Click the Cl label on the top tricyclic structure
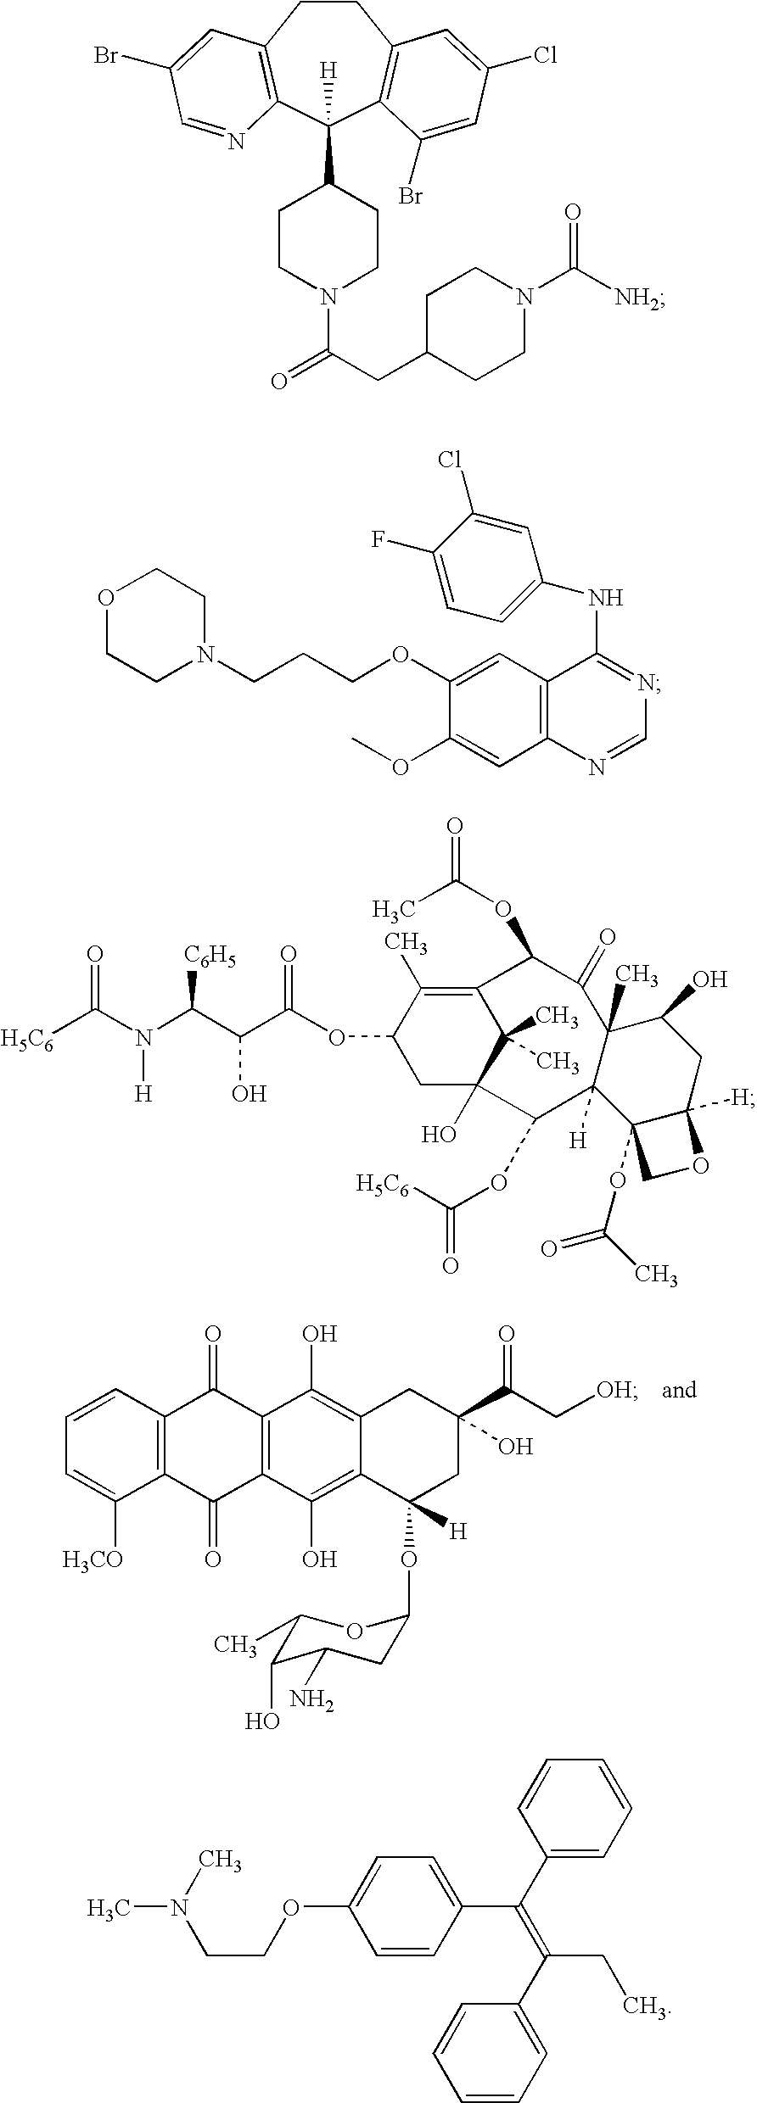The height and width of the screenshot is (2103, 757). click(545, 57)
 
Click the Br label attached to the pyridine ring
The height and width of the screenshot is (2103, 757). click(106, 57)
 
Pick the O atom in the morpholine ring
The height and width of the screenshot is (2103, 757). click(105, 600)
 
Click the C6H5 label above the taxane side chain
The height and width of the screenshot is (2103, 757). click(212, 960)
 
